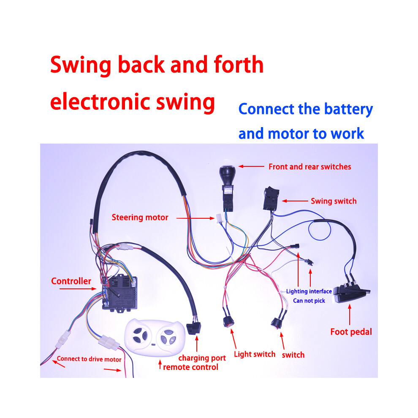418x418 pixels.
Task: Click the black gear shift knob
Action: click(228, 175)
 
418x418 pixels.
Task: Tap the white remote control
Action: click(155, 338)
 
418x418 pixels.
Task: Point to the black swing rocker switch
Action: click(271, 198)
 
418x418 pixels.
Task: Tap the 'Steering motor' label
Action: click(140, 217)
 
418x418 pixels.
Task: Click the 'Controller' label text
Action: click(71, 281)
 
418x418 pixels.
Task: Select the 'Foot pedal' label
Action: click(351, 332)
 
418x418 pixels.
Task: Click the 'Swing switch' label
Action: click(334, 201)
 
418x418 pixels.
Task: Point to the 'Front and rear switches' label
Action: click(310, 167)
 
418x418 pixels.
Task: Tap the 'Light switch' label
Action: click(255, 354)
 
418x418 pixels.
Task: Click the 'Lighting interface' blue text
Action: click(309, 291)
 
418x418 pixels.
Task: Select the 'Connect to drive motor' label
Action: click(89, 359)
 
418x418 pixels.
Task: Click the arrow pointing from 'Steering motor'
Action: click(195, 218)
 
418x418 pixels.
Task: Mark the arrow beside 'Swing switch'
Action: click(295, 201)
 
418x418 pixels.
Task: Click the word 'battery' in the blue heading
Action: click(348, 109)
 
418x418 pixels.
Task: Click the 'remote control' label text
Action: click(190, 367)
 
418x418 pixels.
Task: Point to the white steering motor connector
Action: click(219, 218)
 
